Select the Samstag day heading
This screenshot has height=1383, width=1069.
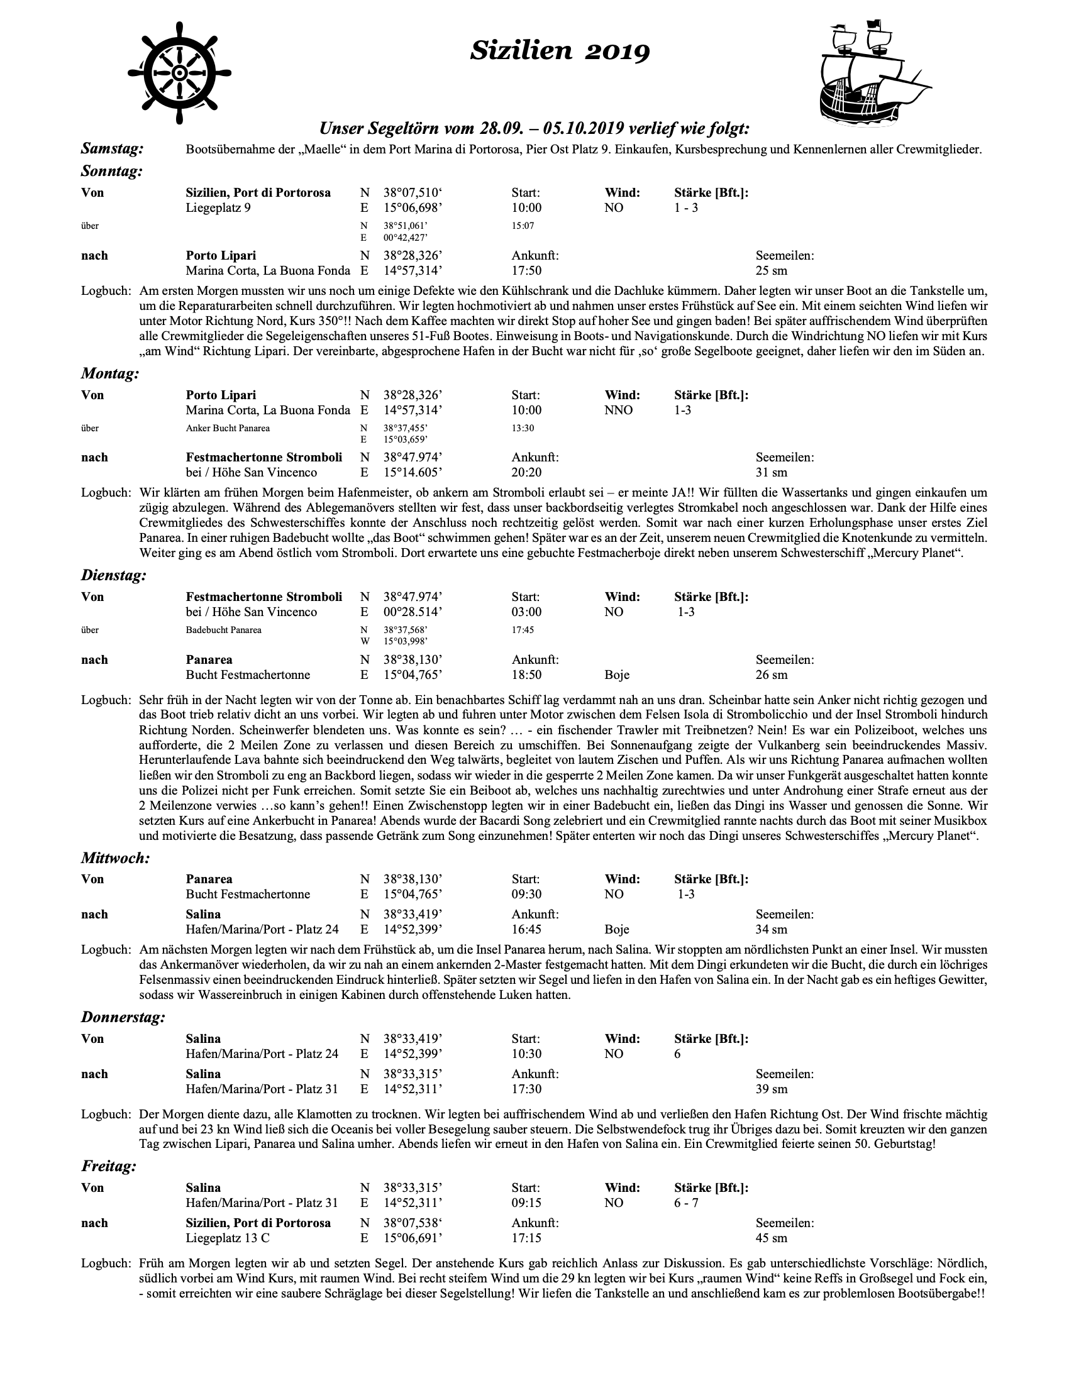pyautogui.click(x=112, y=149)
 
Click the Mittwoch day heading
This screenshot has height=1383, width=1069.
pyautogui.click(x=115, y=858)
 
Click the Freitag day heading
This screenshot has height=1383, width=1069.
pyautogui.click(x=108, y=1166)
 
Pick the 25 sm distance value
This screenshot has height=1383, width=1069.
pyautogui.click(x=772, y=271)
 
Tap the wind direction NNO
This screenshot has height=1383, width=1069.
pyautogui.click(x=619, y=410)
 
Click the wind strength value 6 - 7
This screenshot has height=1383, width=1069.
pyautogui.click(x=687, y=1203)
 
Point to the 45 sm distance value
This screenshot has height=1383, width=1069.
pyautogui.click(x=772, y=1238)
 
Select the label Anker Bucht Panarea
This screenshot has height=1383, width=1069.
pyautogui.click(x=228, y=428)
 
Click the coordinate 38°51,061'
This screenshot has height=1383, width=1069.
pyautogui.click(x=410, y=226)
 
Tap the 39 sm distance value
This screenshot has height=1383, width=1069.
pyautogui.click(x=772, y=1089)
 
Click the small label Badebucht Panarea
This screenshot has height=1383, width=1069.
pyautogui.click(x=224, y=630)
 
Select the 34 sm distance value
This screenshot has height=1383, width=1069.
pyautogui.click(x=772, y=930)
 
